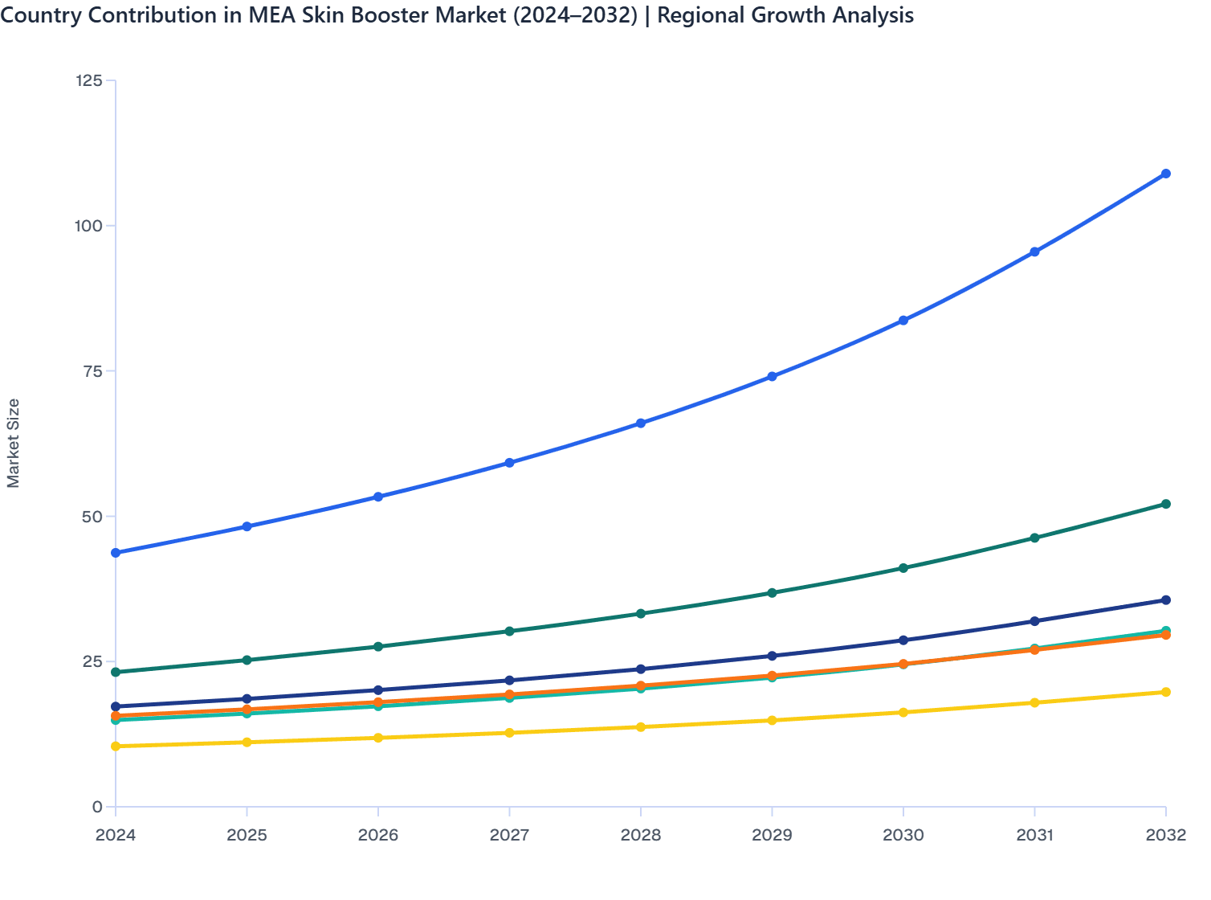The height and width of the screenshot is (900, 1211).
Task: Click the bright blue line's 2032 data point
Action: click(x=1166, y=174)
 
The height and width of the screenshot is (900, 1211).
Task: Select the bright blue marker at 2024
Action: click(x=116, y=553)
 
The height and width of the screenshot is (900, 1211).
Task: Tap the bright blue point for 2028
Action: click(x=641, y=423)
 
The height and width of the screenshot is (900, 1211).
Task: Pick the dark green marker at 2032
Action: click(x=1166, y=504)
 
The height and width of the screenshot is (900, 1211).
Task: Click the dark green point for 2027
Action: click(x=509, y=632)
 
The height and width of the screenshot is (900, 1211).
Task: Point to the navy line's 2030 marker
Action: click(x=903, y=640)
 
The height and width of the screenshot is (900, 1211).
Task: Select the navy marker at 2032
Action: click(x=1166, y=600)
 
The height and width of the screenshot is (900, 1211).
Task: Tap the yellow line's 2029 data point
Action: click(x=772, y=720)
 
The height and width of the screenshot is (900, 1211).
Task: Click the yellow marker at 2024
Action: click(x=116, y=747)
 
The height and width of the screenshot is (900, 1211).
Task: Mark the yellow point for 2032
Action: click(x=1166, y=692)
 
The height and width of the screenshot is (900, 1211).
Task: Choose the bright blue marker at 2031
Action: click(x=1035, y=252)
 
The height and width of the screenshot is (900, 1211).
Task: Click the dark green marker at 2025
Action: click(x=247, y=661)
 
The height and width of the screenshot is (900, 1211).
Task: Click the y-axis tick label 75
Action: click(x=92, y=371)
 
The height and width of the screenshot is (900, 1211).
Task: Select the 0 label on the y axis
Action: click(x=97, y=807)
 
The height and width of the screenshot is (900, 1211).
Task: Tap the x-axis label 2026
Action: click(x=378, y=836)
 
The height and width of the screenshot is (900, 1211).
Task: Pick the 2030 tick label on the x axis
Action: click(x=903, y=836)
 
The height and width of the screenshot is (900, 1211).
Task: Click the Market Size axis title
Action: click(x=14, y=444)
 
